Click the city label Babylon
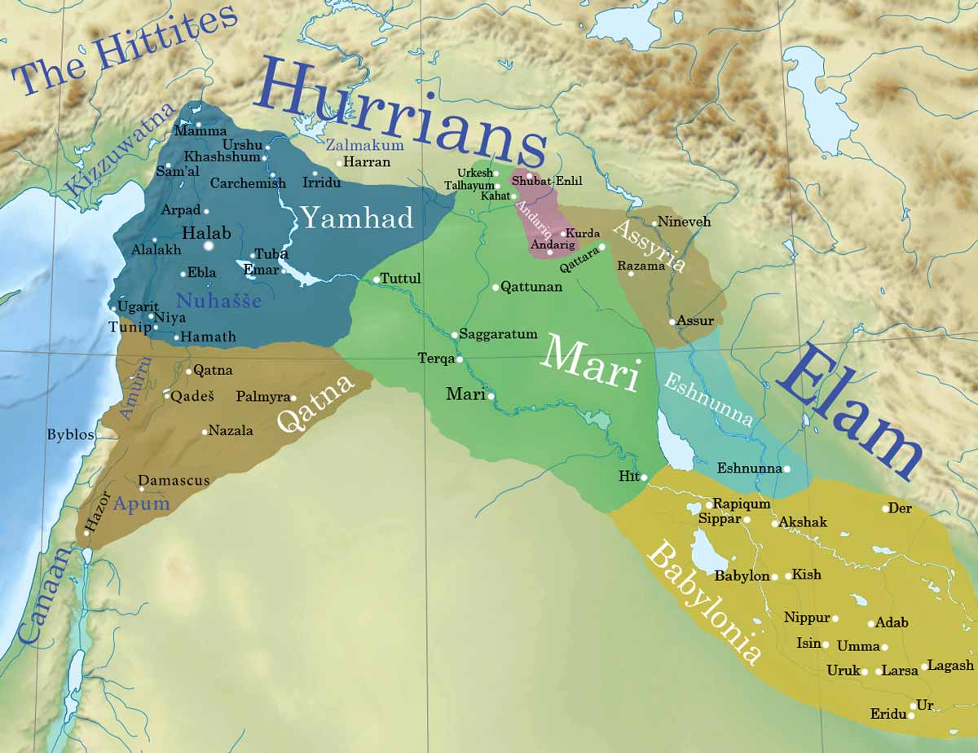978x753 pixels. (742, 576)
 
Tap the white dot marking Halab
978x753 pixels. (208, 245)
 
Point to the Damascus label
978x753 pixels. (174, 481)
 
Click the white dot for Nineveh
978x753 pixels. (654, 222)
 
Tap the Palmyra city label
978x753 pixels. (262, 397)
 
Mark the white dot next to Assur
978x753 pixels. (672, 322)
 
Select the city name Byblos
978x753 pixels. (70, 434)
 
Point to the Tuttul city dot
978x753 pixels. (377, 280)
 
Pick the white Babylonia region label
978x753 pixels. (704, 604)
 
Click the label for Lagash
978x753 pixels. (951, 665)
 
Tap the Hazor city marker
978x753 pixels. (86, 533)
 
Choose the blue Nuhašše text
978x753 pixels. (218, 302)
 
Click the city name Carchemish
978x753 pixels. (248, 183)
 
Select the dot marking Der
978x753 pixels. (885, 509)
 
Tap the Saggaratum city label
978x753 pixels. (498, 334)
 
